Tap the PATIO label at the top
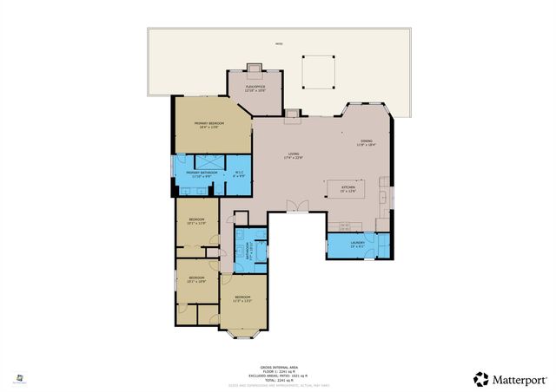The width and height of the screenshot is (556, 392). coord(278,43)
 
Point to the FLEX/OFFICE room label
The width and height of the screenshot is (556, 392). coord(255,88)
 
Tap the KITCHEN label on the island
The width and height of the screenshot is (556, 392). coord(348,189)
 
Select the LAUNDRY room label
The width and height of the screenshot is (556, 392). coord(357,244)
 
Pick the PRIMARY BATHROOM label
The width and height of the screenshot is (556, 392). coord(201,174)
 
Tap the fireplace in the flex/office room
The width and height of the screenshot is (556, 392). coord(255,68)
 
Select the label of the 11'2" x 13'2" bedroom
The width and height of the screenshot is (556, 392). coord(242,300)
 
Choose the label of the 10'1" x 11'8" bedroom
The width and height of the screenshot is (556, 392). coord(196,221)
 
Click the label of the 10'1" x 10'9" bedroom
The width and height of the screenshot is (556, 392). coord(196,278)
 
